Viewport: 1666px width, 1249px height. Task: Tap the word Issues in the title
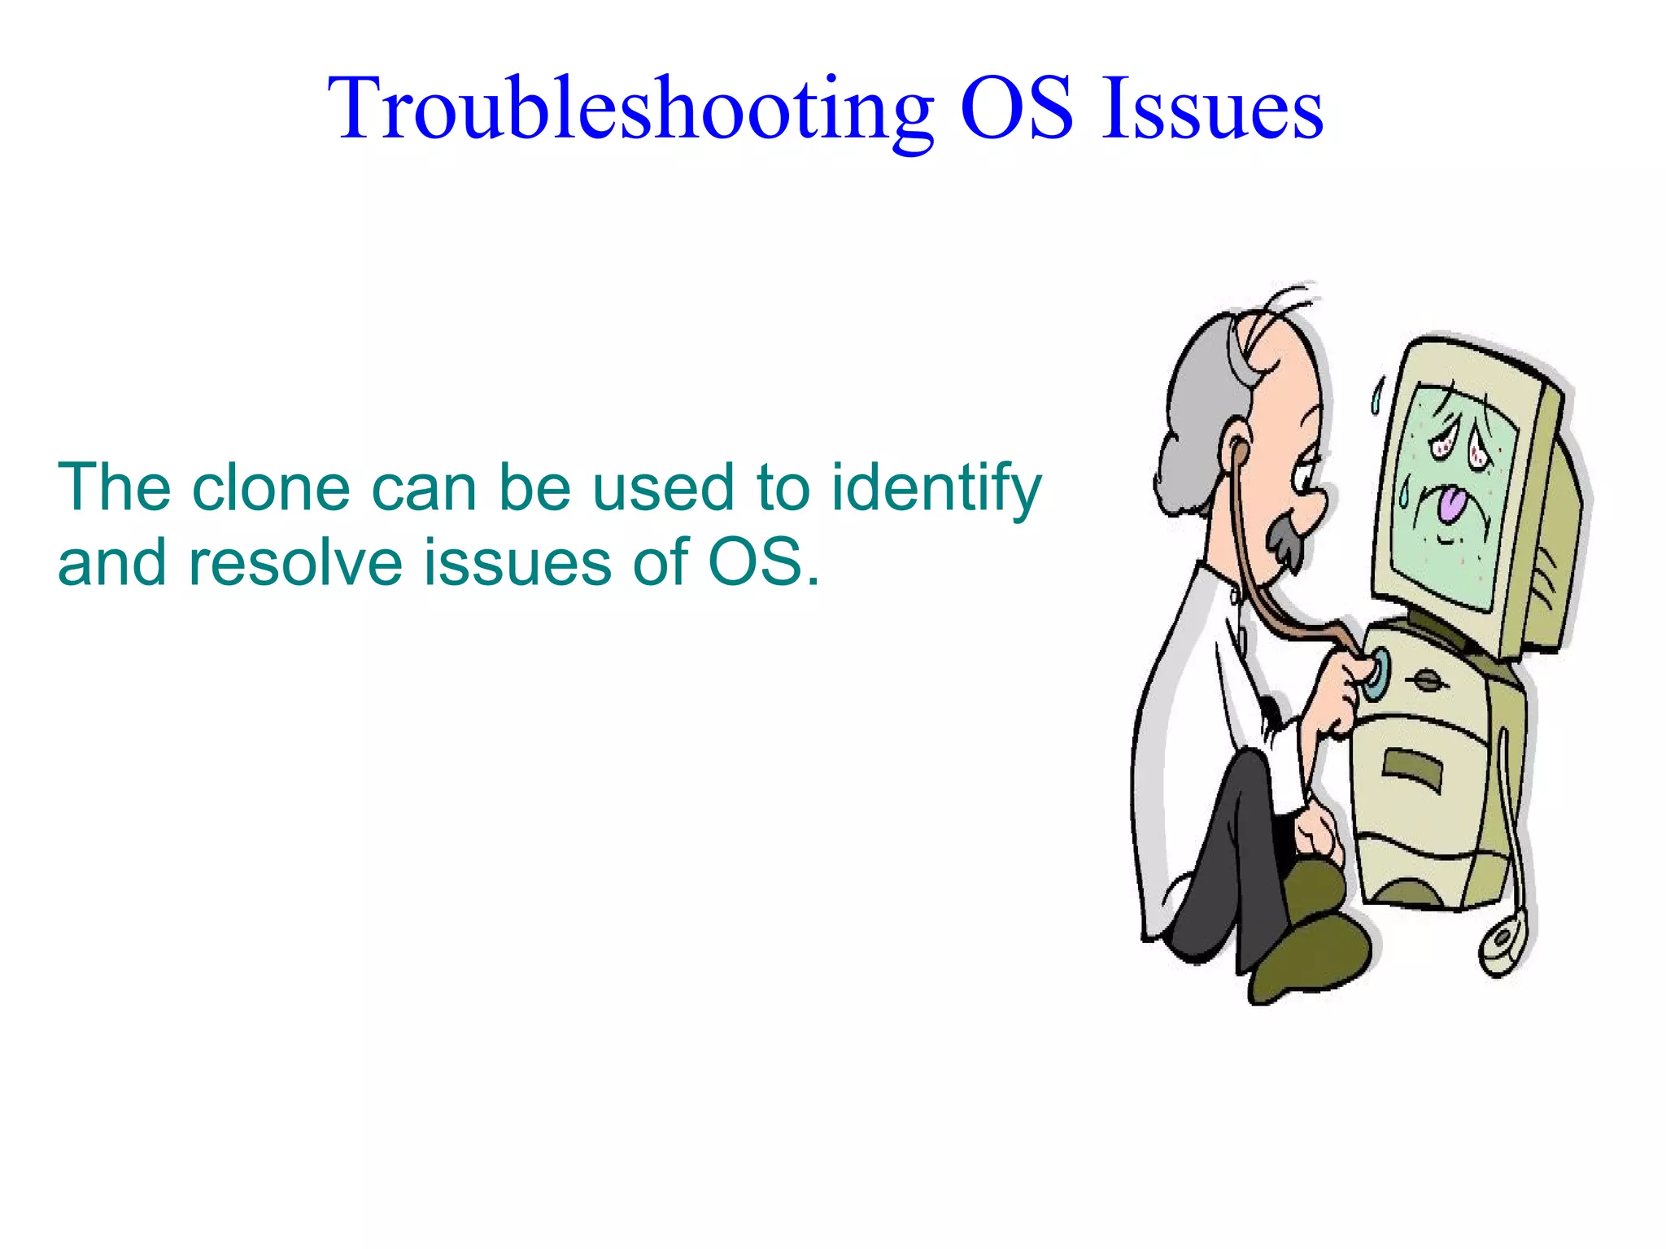1211,110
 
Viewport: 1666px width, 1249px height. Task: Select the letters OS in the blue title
1016,110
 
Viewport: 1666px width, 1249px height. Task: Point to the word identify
935,488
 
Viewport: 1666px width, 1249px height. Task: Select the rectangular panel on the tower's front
1411,769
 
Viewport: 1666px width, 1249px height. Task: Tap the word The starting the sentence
114,488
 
